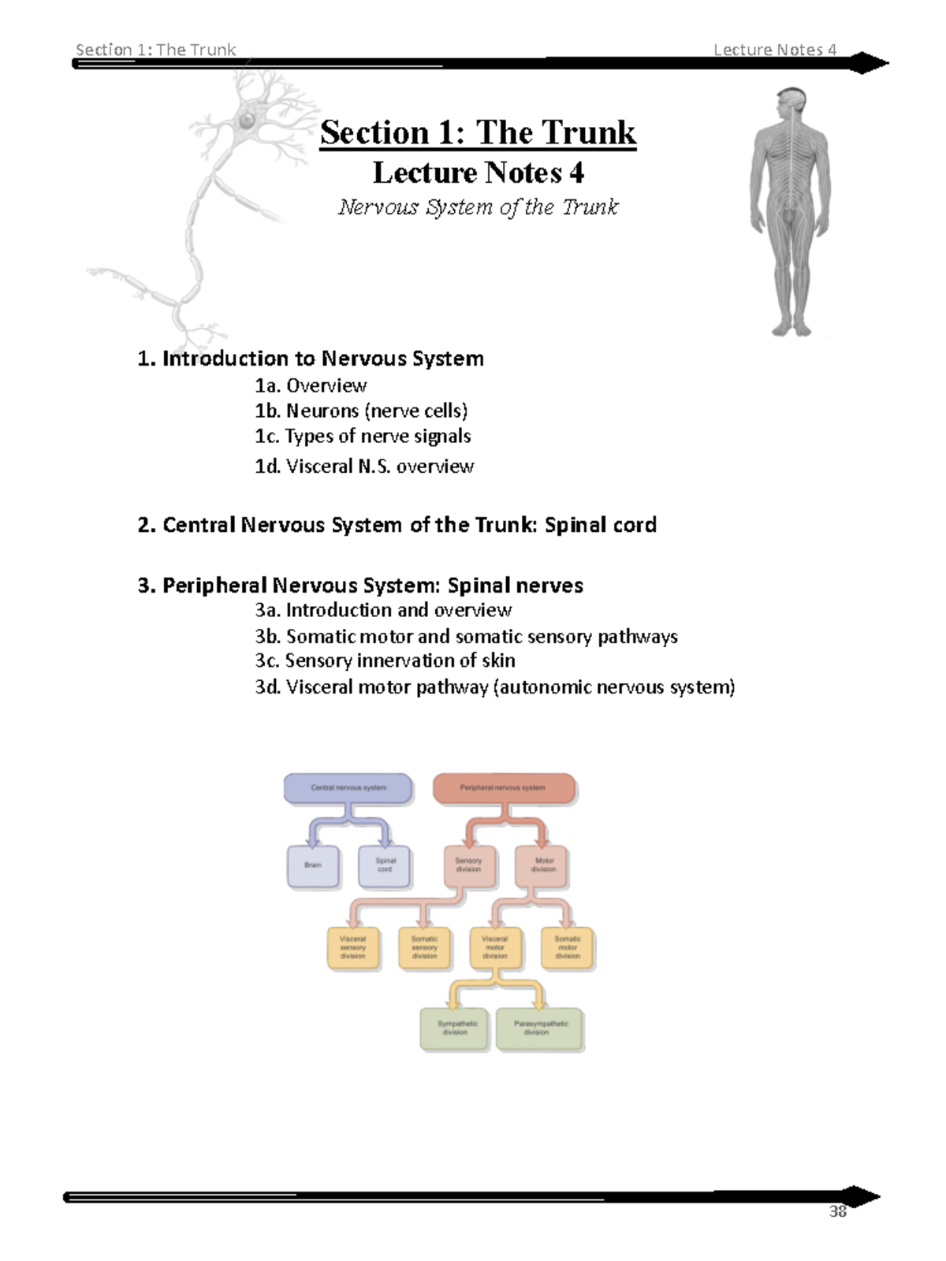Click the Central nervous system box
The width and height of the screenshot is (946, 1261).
click(348, 788)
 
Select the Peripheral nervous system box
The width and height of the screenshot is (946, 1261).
click(503, 788)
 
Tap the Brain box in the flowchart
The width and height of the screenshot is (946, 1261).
click(313, 866)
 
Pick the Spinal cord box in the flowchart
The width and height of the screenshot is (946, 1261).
click(385, 866)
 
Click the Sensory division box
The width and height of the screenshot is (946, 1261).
click(468, 866)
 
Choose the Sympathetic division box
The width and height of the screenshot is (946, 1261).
click(456, 1029)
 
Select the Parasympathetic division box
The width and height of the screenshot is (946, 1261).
click(540, 1029)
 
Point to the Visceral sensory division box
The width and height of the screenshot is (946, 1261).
click(352, 947)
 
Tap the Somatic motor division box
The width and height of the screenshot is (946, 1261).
click(567, 947)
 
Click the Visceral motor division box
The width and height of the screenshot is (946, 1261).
click(495, 947)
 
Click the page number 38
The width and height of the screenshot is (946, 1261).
click(837, 1212)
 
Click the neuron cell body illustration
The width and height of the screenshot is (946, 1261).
click(248, 121)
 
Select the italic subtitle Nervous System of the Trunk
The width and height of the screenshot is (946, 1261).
click(478, 207)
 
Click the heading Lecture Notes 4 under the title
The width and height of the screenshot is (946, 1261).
click(478, 173)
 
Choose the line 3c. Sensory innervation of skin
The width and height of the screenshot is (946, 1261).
click(385, 660)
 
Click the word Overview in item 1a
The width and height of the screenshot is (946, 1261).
click(326, 385)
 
